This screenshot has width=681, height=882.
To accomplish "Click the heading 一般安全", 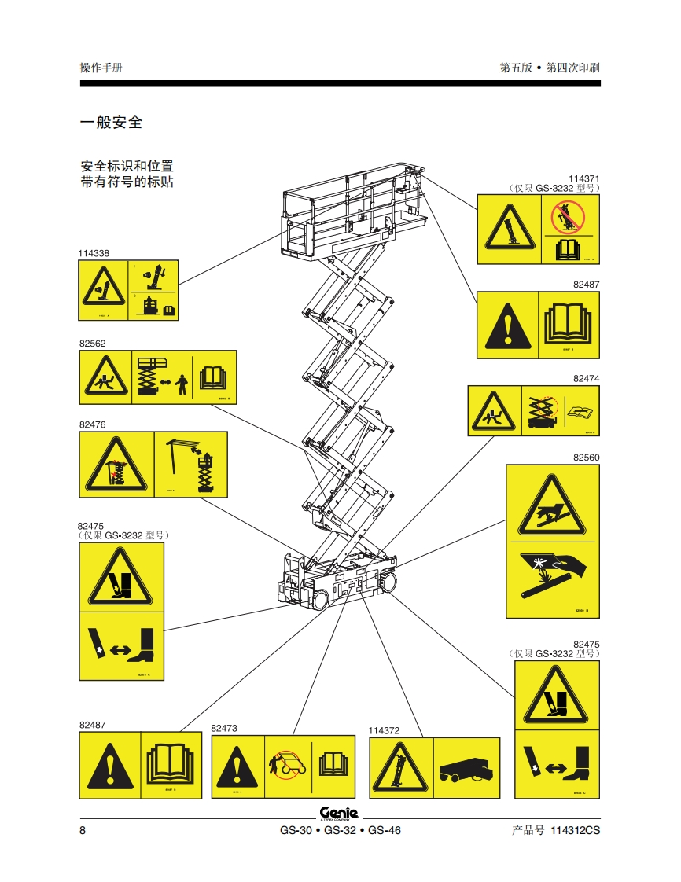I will click(x=111, y=123).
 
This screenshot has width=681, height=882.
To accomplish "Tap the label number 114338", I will click(x=94, y=253).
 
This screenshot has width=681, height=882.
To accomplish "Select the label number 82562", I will click(x=92, y=344).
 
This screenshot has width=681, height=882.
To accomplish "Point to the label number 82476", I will click(x=92, y=424).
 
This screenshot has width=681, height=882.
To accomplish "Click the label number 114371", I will click(x=584, y=179).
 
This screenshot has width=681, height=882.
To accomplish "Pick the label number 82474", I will click(x=586, y=378).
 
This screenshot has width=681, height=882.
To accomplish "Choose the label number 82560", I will click(x=586, y=457).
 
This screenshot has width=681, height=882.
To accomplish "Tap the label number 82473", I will click(x=224, y=729).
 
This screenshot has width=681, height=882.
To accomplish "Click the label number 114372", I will click(x=385, y=730).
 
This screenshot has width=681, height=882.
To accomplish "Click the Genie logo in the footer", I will click(x=339, y=813).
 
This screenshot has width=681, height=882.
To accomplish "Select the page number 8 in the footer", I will click(x=83, y=831).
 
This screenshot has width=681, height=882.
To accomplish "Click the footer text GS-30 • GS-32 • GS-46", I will click(x=340, y=831).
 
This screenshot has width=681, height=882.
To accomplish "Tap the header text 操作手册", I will click(x=101, y=68).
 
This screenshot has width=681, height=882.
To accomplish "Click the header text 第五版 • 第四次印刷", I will click(x=550, y=68).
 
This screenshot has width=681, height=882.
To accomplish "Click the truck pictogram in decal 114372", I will click(x=466, y=767).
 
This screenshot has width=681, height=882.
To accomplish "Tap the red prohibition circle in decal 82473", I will click(x=284, y=766).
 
